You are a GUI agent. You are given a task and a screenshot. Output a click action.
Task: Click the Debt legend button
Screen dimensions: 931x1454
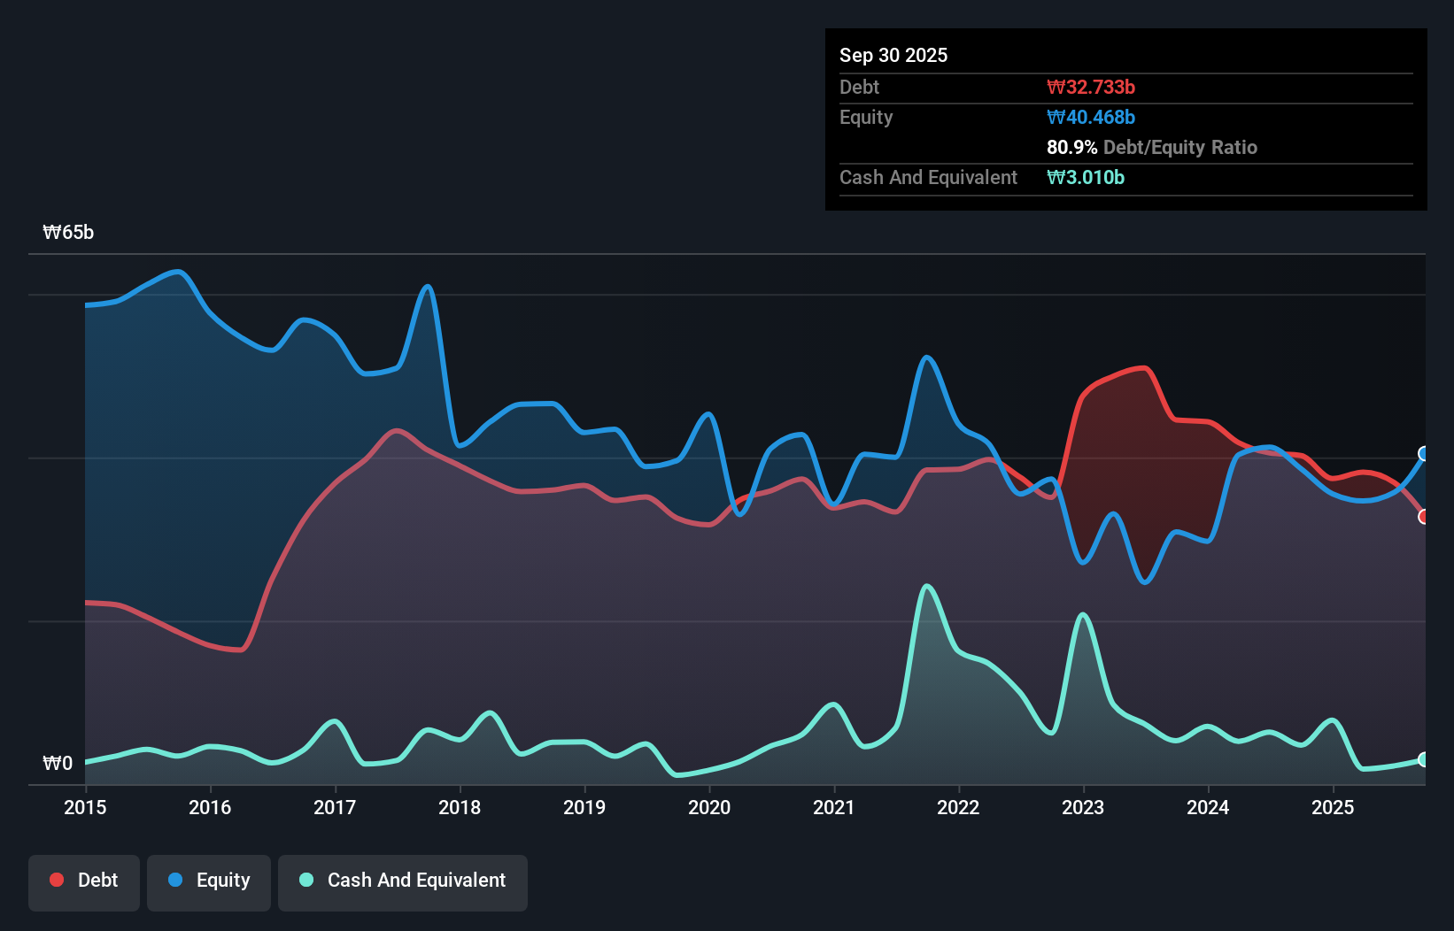(x=84, y=881)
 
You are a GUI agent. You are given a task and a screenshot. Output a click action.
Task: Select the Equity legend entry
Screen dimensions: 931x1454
(x=209, y=881)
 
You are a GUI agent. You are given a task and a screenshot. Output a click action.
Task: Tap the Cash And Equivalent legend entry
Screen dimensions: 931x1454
(x=403, y=881)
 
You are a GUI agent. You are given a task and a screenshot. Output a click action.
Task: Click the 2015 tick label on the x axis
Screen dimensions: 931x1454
(x=85, y=807)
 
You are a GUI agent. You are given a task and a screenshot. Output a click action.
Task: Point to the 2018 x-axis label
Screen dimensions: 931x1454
(x=460, y=807)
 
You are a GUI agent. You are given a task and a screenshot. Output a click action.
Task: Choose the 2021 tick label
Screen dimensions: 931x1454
(x=834, y=807)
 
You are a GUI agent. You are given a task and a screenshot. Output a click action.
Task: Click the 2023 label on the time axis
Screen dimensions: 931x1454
(x=1083, y=807)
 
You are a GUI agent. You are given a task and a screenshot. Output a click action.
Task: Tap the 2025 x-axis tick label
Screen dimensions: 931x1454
(x=1333, y=807)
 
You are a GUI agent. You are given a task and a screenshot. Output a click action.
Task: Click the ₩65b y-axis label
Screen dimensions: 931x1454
(x=68, y=233)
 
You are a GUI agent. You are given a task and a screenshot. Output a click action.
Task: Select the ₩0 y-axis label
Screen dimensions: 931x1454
(x=58, y=763)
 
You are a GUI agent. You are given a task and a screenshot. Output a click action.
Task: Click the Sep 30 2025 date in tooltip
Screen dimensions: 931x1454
(x=893, y=56)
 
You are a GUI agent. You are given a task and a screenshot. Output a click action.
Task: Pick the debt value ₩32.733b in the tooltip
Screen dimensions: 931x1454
(x=1090, y=88)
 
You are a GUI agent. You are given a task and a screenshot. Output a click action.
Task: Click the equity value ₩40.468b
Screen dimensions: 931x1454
(x=1090, y=118)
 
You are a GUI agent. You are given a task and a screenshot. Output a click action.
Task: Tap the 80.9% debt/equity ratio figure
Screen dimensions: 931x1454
(x=1071, y=148)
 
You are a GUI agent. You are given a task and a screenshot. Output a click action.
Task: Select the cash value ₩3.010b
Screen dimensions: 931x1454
(x=1085, y=178)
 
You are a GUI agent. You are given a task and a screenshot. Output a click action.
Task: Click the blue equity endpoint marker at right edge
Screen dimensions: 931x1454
(x=1424, y=454)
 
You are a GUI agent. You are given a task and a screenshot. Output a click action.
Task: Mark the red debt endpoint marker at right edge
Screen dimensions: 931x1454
(x=1424, y=517)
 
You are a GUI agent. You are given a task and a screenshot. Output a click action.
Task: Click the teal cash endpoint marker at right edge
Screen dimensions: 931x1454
(x=1424, y=759)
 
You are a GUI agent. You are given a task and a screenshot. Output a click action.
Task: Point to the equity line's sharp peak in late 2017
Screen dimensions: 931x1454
(x=428, y=286)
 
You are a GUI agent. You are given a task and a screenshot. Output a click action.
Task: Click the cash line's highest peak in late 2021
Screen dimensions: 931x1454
(x=927, y=586)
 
